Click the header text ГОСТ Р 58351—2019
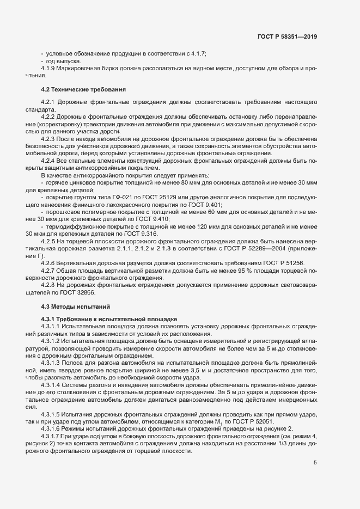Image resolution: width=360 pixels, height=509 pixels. tap(286, 36)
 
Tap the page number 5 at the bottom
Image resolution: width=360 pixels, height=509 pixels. tap(315, 463)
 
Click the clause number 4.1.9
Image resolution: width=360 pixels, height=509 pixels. tap(50, 69)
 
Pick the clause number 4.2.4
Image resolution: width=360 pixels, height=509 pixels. tap(50, 162)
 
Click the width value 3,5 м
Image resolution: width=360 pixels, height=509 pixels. tap(208, 371)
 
